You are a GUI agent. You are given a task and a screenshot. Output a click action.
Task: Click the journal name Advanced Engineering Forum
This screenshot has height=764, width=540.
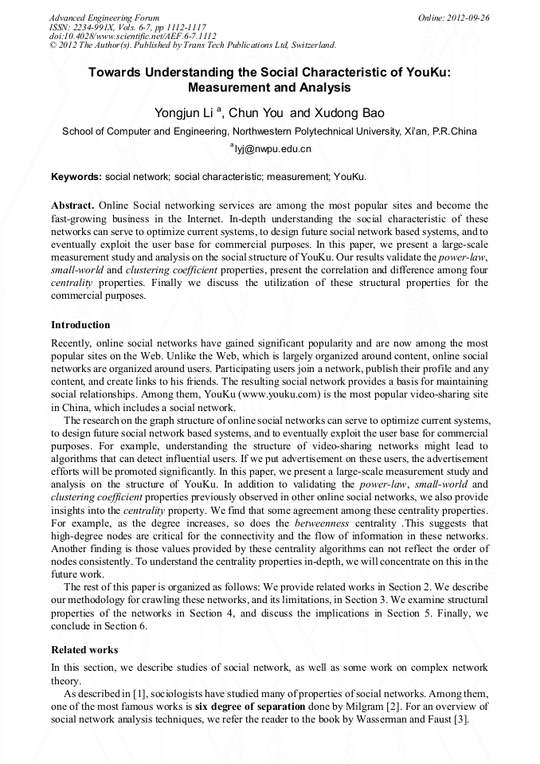click(x=104, y=18)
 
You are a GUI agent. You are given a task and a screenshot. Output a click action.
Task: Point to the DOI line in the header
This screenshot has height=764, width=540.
click(x=132, y=37)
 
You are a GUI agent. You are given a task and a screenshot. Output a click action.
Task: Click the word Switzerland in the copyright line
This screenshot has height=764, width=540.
click(x=306, y=45)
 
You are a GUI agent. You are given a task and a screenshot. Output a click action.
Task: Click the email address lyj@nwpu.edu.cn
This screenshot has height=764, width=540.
click(x=272, y=149)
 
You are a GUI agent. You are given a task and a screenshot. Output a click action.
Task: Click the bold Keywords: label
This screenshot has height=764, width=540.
click(x=76, y=176)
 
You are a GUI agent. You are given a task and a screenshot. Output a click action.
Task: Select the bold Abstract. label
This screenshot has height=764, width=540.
click(x=73, y=206)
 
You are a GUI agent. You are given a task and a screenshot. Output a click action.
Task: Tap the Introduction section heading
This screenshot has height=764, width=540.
click(x=80, y=325)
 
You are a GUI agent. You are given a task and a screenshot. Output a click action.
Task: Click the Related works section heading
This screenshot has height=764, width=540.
click(x=84, y=650)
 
